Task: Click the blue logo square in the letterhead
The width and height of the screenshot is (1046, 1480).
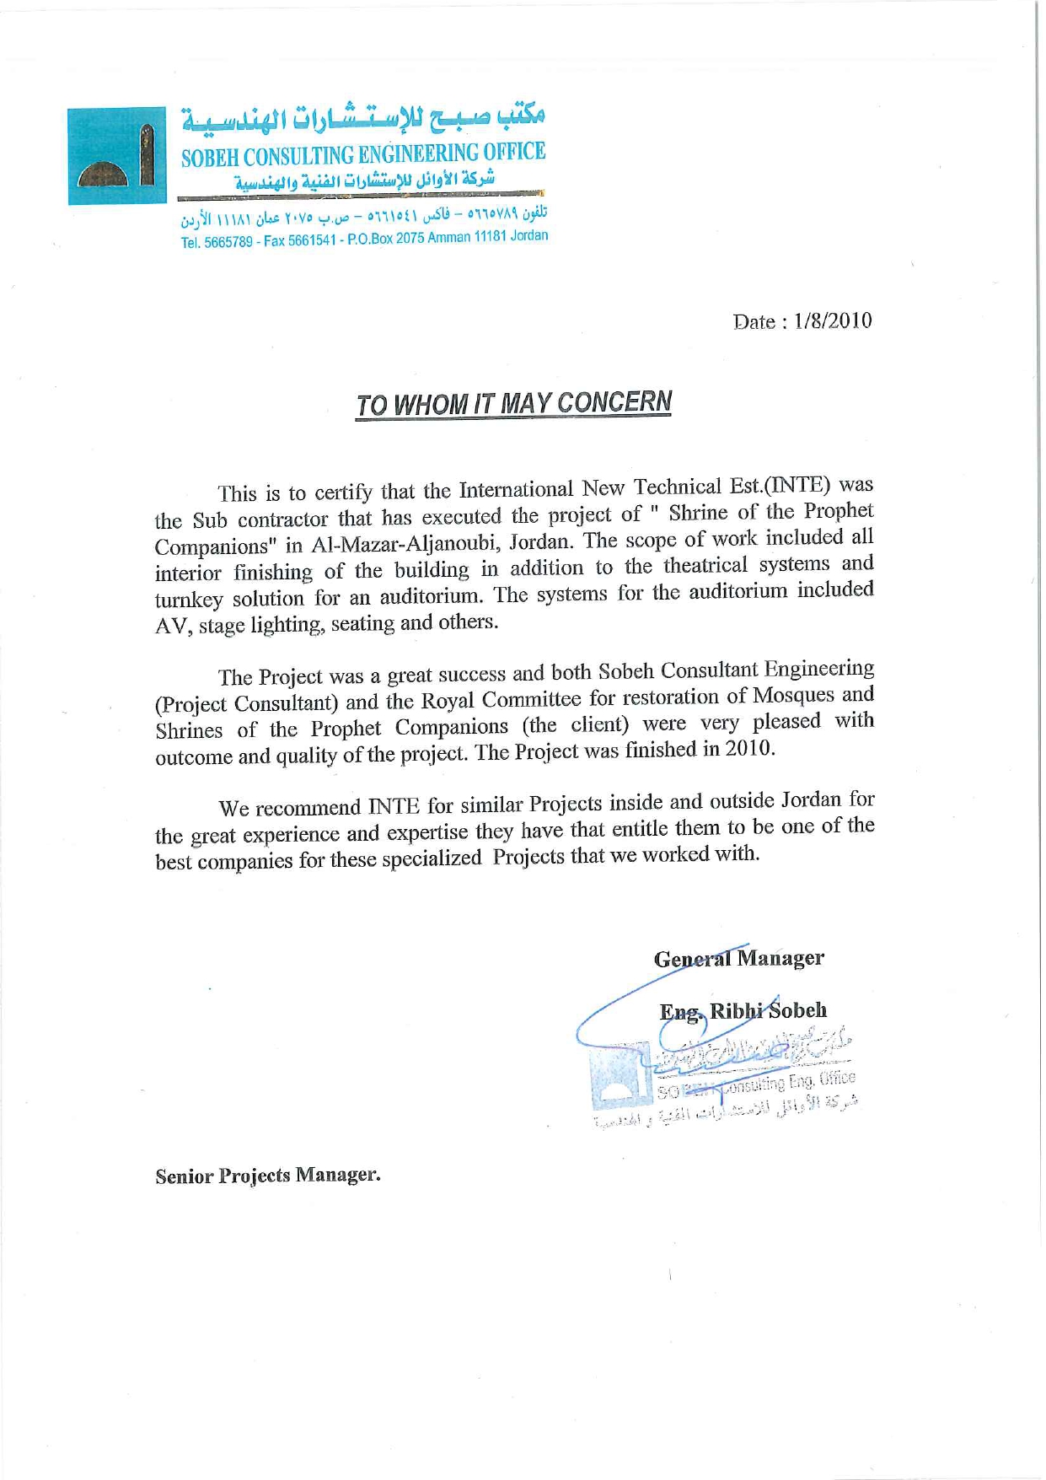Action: (117, 155)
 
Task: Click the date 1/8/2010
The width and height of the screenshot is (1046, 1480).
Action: (833, 321)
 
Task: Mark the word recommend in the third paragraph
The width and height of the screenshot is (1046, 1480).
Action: (308, 808)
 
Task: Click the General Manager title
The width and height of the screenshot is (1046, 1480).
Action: (738, 959)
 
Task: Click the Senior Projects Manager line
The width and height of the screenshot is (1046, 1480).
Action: (267, 1176)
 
